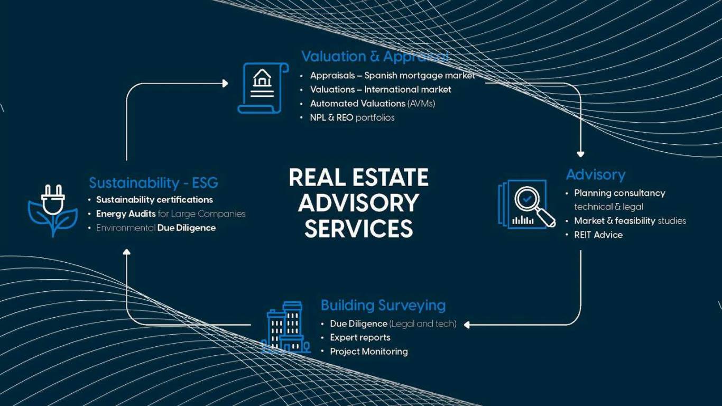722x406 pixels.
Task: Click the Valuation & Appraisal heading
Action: point(374,57)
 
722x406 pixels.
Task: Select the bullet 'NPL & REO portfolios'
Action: point(352,117)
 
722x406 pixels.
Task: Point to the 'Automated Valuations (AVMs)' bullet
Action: point(373,104)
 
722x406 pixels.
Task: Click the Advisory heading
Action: point(595,175)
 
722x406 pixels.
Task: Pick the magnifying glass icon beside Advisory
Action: point(526,205)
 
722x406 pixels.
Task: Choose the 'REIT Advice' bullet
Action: point(598,235)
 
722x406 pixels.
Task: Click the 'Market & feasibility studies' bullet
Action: point(630,220)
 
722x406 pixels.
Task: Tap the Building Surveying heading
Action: point(383,305)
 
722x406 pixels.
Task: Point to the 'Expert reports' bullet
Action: point(360,337)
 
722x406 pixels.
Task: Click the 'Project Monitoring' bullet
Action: point(368,351)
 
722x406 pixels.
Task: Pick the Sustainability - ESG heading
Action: point(153,183)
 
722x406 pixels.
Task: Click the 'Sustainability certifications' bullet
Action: point(154,200)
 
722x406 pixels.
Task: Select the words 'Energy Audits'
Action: point(126,214)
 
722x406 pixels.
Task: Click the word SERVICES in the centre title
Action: point(358,228)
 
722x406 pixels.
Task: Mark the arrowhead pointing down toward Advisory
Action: point(580,154)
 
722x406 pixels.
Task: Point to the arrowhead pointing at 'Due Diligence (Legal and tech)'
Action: point(467,325)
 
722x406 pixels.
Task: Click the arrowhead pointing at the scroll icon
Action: point(225,84)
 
